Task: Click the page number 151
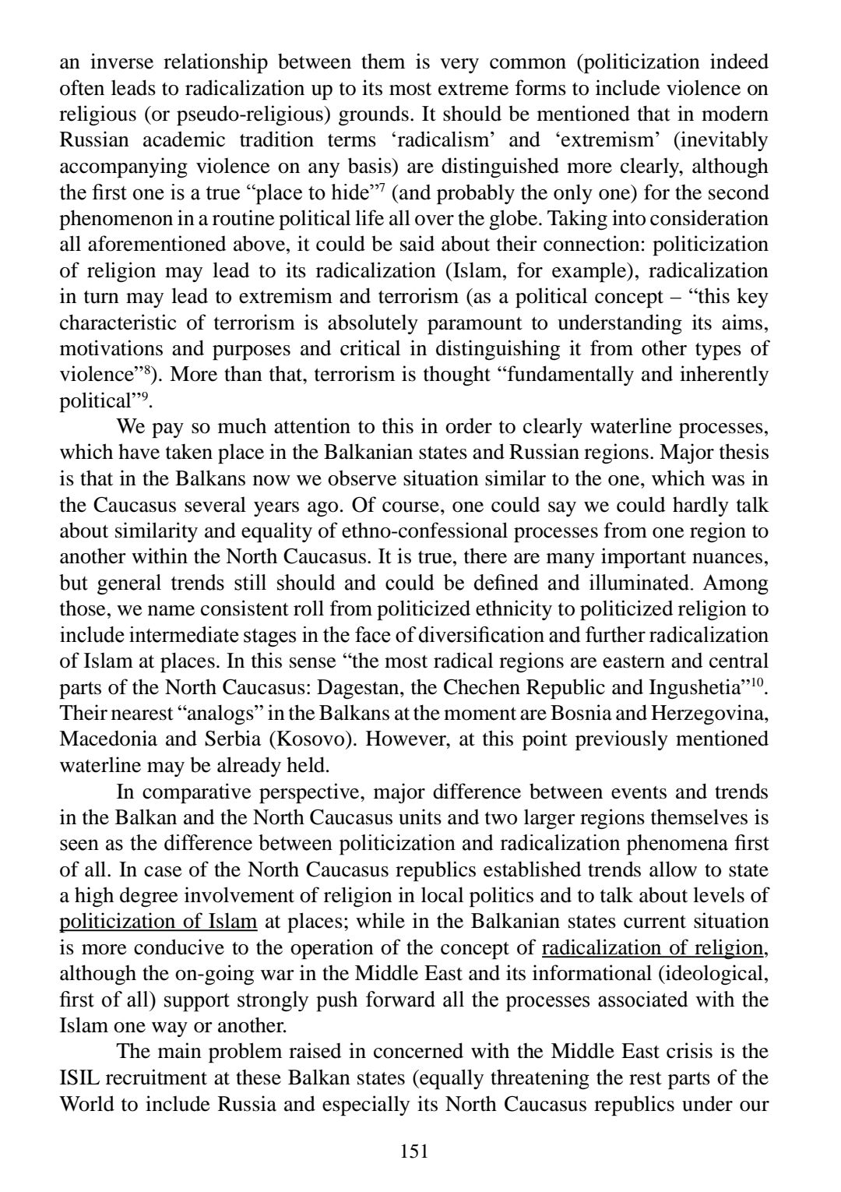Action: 413,1151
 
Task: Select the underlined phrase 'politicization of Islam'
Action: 158,922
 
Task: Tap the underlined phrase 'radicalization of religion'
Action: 652,947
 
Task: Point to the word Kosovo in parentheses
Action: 318,739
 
